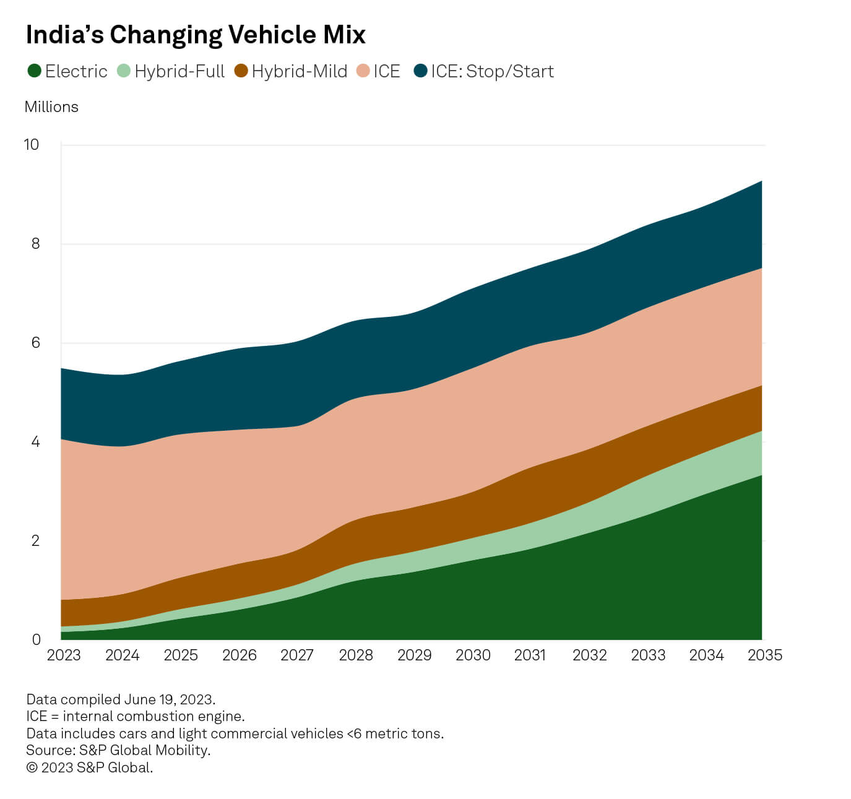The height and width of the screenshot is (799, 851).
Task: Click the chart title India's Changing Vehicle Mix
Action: [x=196, y=35]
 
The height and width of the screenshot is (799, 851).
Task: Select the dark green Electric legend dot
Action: [x=34, y=71]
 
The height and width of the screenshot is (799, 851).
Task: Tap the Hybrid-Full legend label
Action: [x=179, y=71]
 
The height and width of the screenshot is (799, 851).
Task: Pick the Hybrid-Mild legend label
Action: [x=299, y=71]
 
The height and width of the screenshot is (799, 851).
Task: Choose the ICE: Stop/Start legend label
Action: [x=492, y=71]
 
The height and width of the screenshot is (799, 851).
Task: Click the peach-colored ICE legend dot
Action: [x=363, y=71]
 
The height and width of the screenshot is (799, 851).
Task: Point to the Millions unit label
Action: [x=51, y=106]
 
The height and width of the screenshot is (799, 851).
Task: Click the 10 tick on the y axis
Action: [x=31, y=144]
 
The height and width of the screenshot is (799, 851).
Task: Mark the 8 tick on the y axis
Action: [x=35, y=243]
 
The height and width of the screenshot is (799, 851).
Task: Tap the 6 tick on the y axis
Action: [x=35, y=342]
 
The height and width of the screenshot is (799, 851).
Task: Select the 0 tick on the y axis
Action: [x=36, y=639]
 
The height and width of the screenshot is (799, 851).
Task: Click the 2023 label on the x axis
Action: [x=64, y=655]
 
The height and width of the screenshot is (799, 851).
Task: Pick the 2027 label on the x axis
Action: [x=297, y=655]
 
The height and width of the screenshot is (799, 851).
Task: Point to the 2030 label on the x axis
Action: [x=473, y=655]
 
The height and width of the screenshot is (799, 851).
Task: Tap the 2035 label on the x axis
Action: [x=765, y=655]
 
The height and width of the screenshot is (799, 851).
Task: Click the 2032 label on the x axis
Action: [x=589, y=655]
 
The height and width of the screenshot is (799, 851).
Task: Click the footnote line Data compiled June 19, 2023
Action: [x=121, y=699]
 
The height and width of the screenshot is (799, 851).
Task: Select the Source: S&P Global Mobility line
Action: [x=118, y=750]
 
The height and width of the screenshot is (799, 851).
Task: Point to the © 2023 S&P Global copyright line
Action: [x=89, y=767]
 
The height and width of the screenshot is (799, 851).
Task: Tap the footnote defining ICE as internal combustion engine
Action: [x=136, y=716]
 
